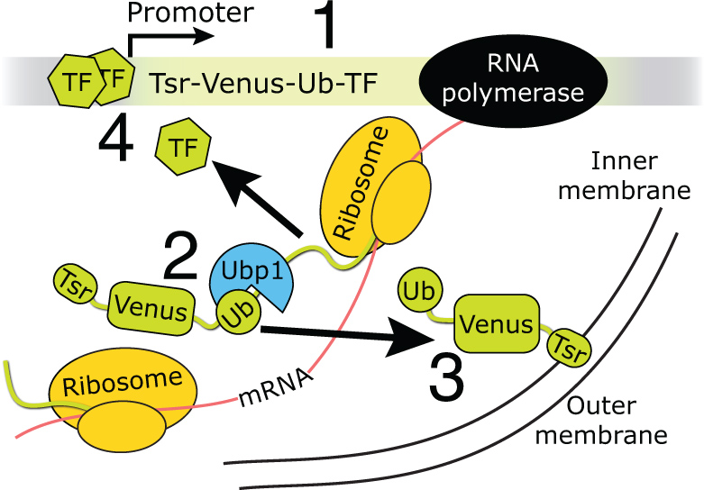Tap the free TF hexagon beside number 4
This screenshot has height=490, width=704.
(184, 147)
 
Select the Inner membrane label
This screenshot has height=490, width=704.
(640, 177)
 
